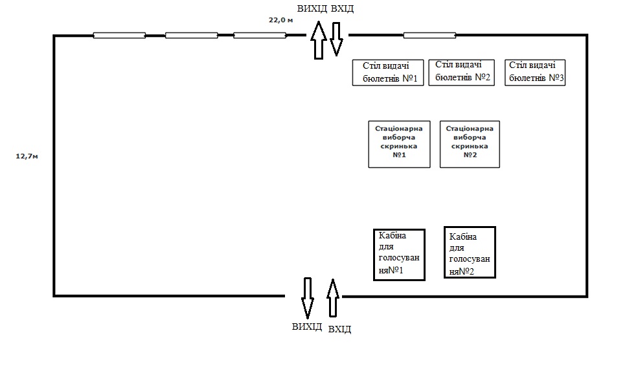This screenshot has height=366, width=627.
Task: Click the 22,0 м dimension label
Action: [281, 20]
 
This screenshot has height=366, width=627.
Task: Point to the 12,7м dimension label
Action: [27, 156]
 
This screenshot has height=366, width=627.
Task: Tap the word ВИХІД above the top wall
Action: [312, 8]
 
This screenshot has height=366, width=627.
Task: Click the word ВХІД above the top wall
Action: [343, 8]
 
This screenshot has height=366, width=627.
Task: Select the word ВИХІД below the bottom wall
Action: [307, 326]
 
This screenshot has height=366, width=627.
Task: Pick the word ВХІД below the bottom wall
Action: [339, 329]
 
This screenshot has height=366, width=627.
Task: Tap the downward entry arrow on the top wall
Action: [336, 38]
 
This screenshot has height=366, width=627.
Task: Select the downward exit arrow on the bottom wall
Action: [307, 298]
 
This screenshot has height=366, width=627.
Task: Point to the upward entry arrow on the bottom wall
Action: [333, 298]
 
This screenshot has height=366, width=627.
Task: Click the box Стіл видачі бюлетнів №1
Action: [388, 73]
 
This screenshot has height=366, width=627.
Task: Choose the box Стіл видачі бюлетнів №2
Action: [462, 72]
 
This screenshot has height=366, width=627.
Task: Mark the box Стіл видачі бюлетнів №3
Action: [535, 73]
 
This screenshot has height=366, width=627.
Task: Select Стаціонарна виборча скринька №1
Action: [399, 144]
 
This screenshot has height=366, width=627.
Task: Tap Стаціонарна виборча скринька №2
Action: [470, 144]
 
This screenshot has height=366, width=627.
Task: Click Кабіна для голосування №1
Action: [400, 255]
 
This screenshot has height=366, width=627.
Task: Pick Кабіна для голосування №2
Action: [470, 253]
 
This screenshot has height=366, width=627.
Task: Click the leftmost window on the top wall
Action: [119, 35]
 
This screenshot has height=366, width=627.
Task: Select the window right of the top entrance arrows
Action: [429, 35]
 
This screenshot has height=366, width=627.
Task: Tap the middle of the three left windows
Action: [192, 35]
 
